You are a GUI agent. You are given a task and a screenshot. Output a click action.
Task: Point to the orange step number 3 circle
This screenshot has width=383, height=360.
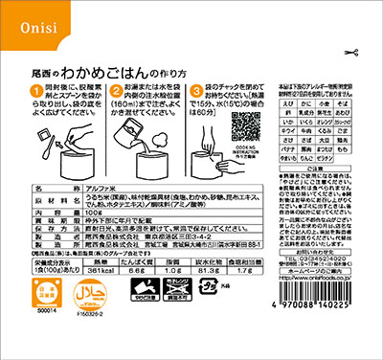pos(198,90)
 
